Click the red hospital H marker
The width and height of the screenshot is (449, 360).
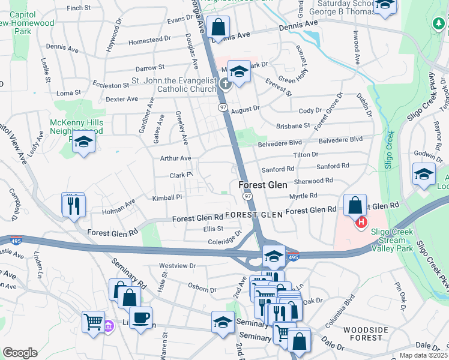(x=361, y=224)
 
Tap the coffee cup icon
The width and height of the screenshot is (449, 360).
(x=140, y=318)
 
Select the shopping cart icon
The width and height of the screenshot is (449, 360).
(x=93, y=322)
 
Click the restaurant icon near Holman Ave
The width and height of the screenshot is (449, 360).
(x=73, y=205)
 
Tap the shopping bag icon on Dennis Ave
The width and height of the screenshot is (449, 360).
(x=217, y=26)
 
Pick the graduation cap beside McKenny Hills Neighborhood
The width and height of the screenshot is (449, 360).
(x=84, y=143)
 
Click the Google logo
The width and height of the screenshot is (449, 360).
(x=20, y=353)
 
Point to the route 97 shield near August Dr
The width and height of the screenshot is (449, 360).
(x=222, y=106)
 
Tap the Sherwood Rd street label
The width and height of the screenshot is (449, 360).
(x=313, y=181)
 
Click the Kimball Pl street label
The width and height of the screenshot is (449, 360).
(x=167, y=197)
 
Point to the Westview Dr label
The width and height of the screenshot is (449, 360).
(x=177, y=265)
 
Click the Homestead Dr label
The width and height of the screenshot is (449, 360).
(x=149, y=40)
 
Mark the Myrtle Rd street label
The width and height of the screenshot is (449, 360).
(x=303, y=196)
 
